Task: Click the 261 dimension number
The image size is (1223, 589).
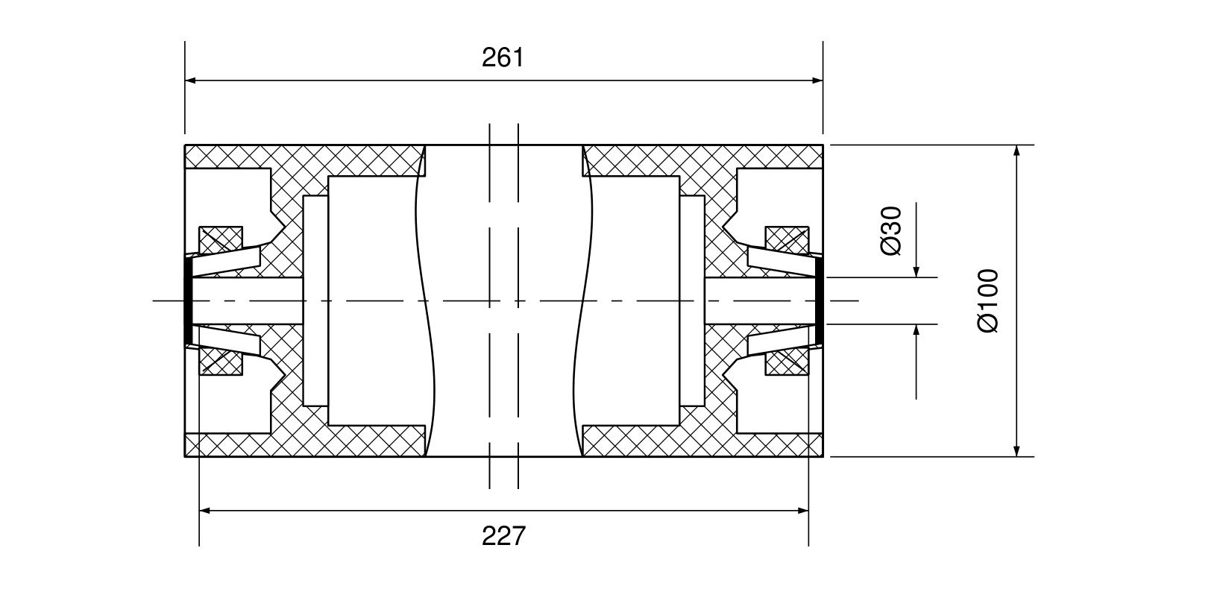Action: click(503, 57)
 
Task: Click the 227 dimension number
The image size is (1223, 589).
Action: click(503, 535)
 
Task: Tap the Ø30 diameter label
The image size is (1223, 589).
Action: click(891, 230)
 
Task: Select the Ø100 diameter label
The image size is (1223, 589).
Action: click(988, 300)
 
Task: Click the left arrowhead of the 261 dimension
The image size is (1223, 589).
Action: click(191, 81)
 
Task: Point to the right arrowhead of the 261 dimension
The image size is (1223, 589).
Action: click(817, 81)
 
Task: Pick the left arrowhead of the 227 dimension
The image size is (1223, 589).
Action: click(205, 511)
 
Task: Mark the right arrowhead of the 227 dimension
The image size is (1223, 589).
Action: click(802, 511)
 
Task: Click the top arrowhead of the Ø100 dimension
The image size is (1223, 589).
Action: click(1016, 151)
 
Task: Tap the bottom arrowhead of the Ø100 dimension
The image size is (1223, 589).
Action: click(1016, 450)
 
